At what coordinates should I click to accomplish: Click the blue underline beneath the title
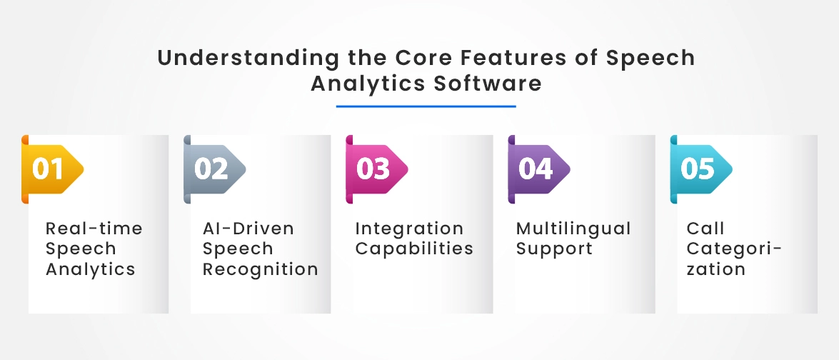click(426, 106)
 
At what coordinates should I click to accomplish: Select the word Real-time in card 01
click(94, 229)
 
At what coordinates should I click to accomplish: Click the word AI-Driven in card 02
click(248, 229)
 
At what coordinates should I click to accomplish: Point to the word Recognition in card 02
click(261, 269)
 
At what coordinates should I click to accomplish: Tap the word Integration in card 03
click(409, 229)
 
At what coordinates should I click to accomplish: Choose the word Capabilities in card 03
click(414, 249)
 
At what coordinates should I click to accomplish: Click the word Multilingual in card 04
click(573, 229)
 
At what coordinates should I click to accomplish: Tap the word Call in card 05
click(705, 229)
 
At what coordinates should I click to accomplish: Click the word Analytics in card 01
click(91, 269)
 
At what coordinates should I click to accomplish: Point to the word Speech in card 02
click(238, 249)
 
